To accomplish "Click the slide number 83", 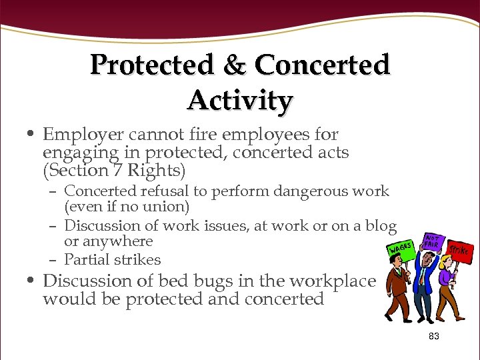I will [x=434, y=337].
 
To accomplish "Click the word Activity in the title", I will [x=240, y=101].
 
